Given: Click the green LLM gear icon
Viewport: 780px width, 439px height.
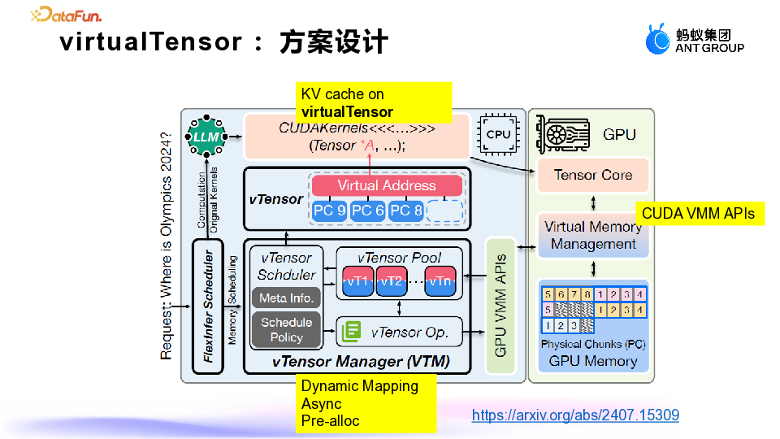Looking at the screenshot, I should tap(205, 137).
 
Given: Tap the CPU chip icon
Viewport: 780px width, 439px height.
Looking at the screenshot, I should tap(497, 133).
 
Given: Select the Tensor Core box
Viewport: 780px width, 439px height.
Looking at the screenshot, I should tap(592, 175).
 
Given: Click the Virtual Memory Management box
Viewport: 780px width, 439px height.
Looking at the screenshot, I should tap(593, 236).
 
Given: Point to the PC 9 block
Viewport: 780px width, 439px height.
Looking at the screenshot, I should tap(329, 211).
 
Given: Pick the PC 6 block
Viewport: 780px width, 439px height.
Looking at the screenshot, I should tap(368, 211).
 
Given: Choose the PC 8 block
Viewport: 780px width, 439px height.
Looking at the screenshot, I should tap(406, 211).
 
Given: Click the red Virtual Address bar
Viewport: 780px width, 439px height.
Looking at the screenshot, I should tap(386, 185).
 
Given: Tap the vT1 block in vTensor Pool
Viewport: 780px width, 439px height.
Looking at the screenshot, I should tap(357, 281).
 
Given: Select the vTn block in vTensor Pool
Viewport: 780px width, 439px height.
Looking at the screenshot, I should tap(439, 281).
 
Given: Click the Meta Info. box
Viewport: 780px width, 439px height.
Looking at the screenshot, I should tap(286, 298).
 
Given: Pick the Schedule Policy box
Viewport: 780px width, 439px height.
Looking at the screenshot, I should tap(286, 329).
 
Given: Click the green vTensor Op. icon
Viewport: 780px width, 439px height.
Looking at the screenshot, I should tap(351, 331).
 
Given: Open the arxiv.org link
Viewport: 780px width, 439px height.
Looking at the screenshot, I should tap(575, 415).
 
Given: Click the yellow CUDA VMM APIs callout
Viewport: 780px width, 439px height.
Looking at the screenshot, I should tap(698, 214).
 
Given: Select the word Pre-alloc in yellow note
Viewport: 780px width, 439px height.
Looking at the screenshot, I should tap(330, 421).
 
